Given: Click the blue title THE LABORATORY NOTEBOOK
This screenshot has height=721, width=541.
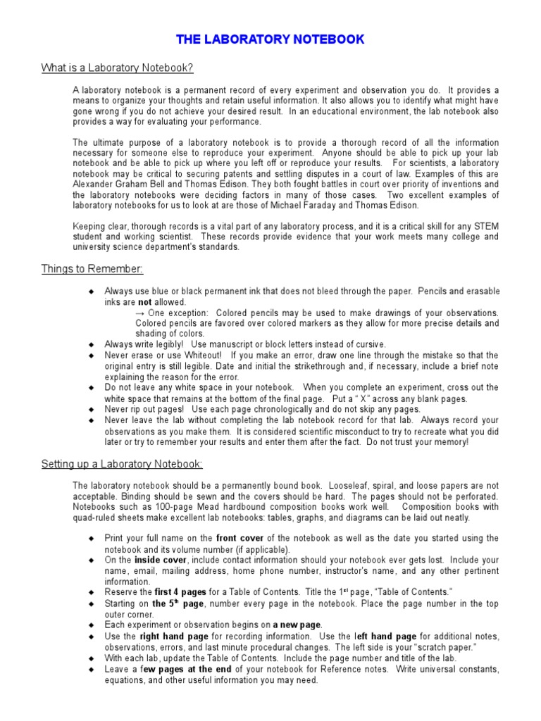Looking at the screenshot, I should pyautogui.click(x=270, y=39).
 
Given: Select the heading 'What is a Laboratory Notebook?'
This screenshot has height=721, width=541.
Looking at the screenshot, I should pyautogui.click(x=117, y=68).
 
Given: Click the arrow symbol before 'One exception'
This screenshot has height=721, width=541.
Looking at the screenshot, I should pyautogui.click(x=140, y=313).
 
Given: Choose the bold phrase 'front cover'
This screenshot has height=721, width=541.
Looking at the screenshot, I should pyautogui.click(x=240, y=538).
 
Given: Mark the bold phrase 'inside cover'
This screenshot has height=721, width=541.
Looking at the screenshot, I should pyautogui.click(x=159, y=560).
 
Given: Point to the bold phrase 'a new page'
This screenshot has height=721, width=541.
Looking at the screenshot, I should pyautogui.click(x=297, y=625).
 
